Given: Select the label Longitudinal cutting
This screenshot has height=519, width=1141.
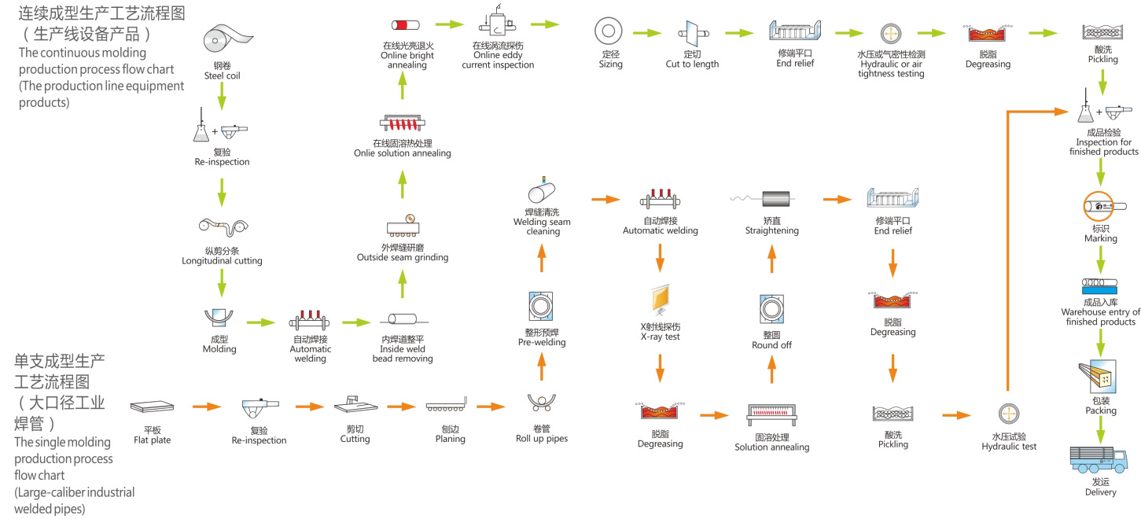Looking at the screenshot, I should click(222, 260).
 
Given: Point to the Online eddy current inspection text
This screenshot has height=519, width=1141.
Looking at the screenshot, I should click(503, 60).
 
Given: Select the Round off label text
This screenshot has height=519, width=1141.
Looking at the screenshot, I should click(771, 345).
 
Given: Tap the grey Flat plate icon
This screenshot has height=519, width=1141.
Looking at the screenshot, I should click(152, 407).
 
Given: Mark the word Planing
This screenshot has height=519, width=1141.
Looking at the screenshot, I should click(451, 439).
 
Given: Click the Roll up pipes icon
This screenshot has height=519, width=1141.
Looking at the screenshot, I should click(541, 403).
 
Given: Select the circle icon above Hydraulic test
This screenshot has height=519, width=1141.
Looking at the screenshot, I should click(1009, 414).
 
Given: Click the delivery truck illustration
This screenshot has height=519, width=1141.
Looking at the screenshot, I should click(1100, 459).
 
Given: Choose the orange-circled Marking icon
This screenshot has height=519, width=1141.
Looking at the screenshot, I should click(1100, 207).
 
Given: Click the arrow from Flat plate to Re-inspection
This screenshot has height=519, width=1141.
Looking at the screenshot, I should click(206, 407).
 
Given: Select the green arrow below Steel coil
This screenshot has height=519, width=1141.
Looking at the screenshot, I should click(221, 95).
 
